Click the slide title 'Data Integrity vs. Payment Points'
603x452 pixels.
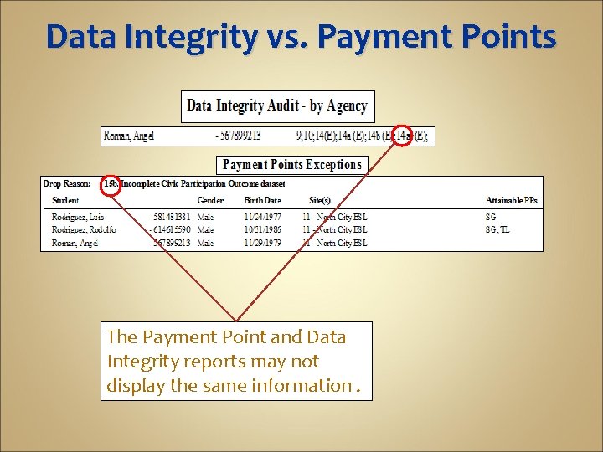301,38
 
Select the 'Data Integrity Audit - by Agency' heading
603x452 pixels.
277,106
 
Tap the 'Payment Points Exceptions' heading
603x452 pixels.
292,165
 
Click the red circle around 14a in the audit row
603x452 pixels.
403,135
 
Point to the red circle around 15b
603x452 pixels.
111,184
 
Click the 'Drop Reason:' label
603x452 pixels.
67,184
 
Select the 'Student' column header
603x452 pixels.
65,201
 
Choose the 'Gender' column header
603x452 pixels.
210,201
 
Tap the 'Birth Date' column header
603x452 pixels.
262,201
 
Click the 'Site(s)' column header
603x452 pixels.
320,201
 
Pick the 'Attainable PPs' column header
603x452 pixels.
512,201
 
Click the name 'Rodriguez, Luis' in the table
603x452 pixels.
79,217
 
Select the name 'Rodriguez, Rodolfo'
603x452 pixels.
84,229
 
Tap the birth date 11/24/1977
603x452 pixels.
262,217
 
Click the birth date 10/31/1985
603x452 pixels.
262,229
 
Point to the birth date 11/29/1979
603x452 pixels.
262,243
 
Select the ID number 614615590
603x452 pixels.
171,229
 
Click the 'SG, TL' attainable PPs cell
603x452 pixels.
497,229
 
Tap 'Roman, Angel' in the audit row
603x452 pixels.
129,135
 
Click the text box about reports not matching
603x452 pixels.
235,362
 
